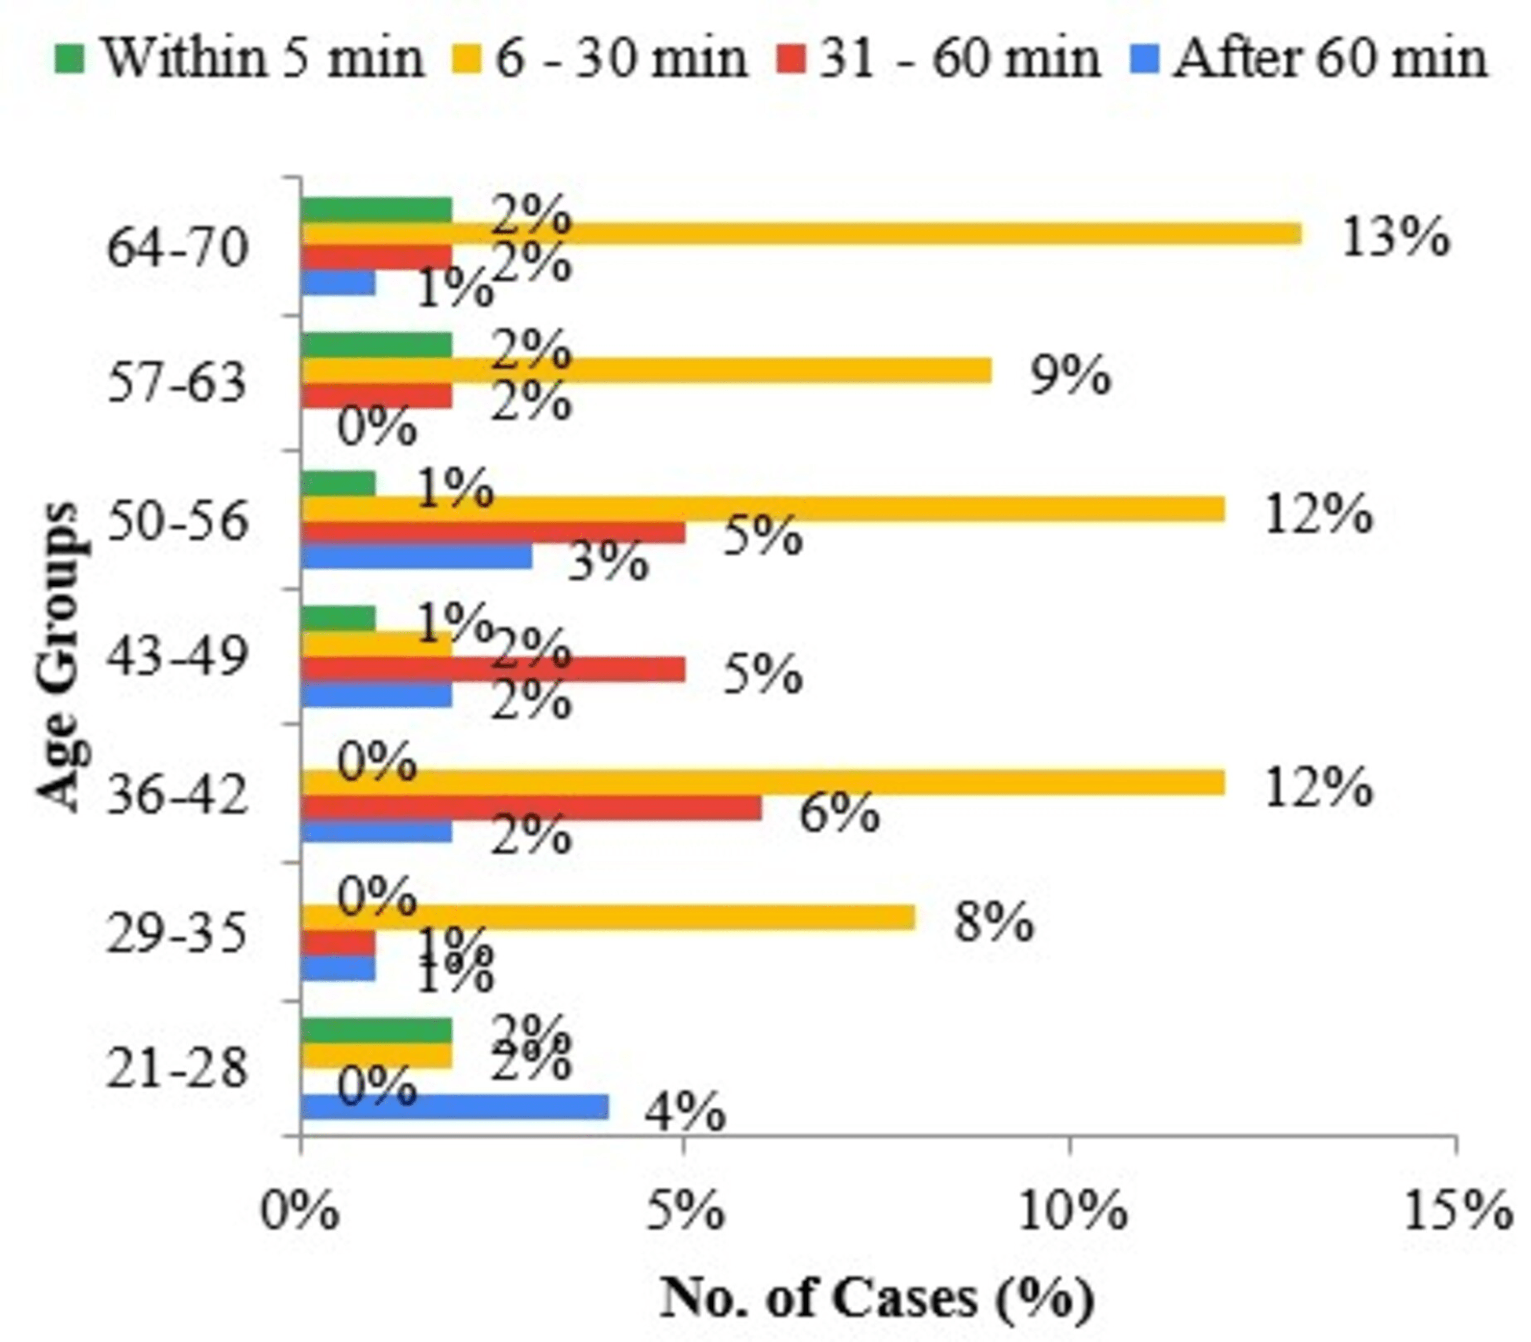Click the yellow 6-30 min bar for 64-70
[x=801, y=234]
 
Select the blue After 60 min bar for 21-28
[x=455, y=1106]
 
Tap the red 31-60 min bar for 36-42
[x=531, y=808]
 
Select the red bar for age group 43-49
[x=493, y=669]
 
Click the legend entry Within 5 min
[x=240, y=58]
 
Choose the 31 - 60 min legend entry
[x=940, y=58]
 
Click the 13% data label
[x=1395, y=238]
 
